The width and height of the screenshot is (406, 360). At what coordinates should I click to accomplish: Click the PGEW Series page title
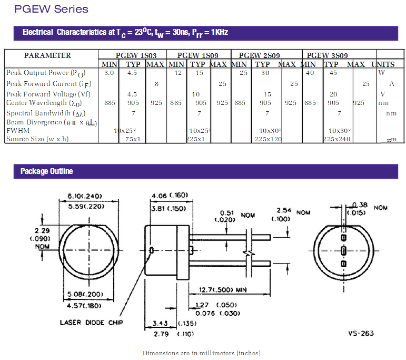51,9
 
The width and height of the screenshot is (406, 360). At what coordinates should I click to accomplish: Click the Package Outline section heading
46,171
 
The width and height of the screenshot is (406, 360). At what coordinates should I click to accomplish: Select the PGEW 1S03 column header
132,55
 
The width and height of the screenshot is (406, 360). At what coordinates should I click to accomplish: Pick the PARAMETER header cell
47,55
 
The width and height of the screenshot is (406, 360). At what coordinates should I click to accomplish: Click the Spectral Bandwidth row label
45,113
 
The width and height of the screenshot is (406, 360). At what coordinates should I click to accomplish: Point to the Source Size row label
37,139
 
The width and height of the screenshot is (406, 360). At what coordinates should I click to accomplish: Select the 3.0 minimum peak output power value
109,73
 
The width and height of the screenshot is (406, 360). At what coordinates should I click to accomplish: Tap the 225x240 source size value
336,139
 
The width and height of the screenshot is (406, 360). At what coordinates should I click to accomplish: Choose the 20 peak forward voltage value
333,94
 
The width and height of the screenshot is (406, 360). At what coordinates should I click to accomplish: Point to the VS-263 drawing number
361,333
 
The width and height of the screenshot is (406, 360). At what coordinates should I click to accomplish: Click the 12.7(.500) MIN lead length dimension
223,289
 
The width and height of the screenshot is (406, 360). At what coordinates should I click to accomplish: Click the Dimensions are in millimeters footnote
201,353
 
